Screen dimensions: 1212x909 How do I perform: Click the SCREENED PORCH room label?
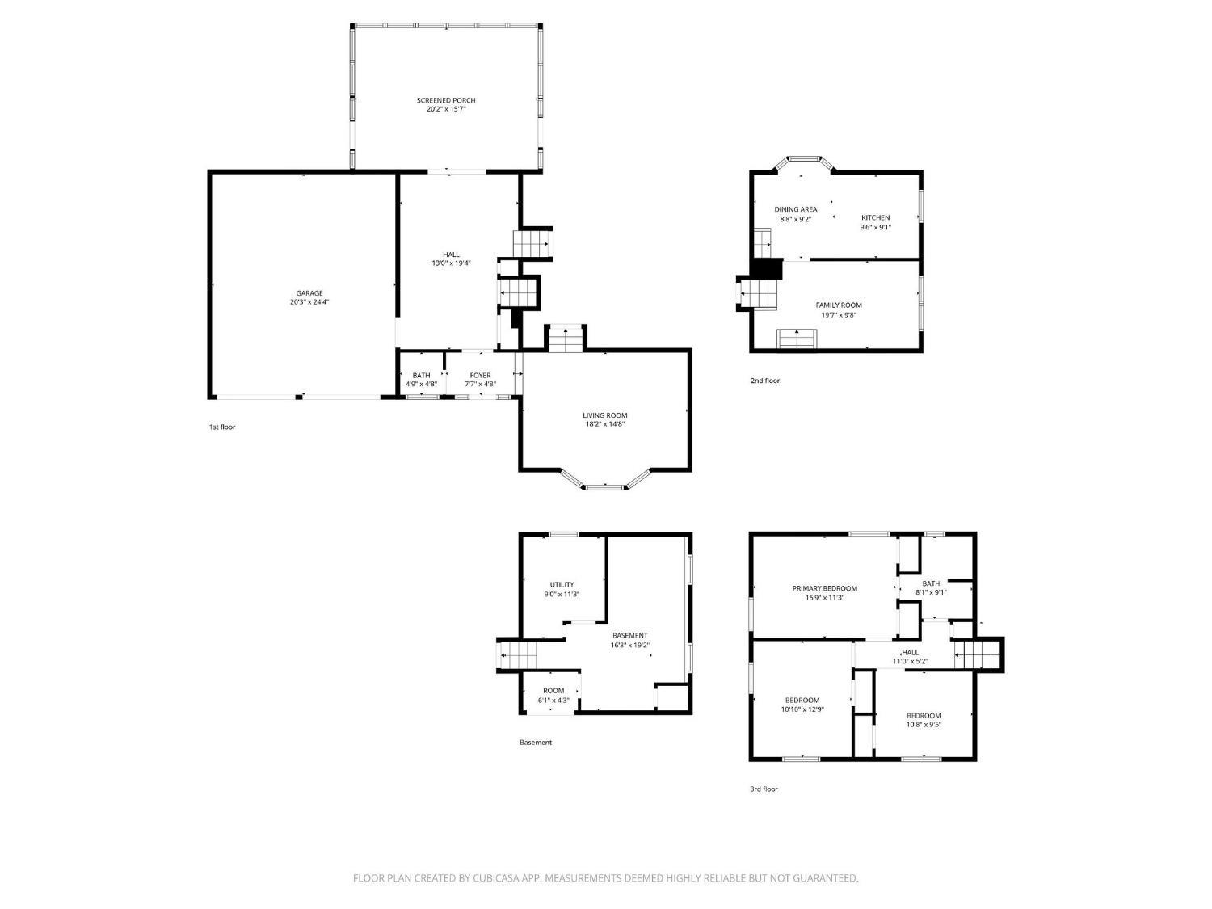coord(445,100)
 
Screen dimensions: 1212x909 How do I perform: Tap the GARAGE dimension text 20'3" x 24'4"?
coord(309,302)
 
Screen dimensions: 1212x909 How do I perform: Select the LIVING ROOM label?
coord(604,415)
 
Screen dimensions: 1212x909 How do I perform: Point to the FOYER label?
coord(481,375)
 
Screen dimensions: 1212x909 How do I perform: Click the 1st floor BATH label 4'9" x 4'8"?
coord(421,380)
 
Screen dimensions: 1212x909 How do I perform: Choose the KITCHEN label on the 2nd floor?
coord(876,217)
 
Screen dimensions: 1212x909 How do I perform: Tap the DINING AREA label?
coord(796,209)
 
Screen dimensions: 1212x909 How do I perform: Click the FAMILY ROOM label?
coord(839,305)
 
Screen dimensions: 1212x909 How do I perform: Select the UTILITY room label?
coord(562,584)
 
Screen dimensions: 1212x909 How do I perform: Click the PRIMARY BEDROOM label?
coord(825,588)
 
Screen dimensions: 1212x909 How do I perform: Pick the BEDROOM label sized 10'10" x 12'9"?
coord(802,705)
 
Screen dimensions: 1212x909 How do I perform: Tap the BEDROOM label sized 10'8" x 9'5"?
coord(924,720)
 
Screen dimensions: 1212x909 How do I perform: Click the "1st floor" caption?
coord(222,427)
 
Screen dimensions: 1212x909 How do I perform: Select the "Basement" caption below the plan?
coord(536,743)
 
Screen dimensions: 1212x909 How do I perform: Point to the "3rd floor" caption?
coord(764,789)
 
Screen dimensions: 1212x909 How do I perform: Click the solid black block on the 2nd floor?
coord(767,269)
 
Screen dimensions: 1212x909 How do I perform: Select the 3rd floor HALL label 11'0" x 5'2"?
coord(911,657)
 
